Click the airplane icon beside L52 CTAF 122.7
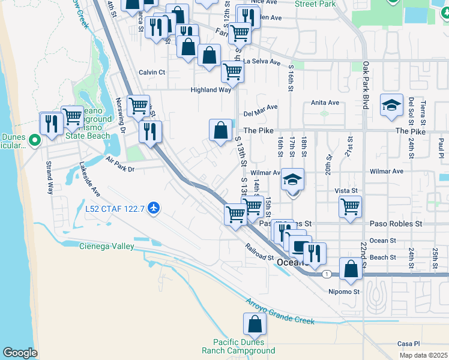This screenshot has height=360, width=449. pos(155,208)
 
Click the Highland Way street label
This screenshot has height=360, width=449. pos(211,89)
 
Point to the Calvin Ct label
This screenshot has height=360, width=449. pos(152,72)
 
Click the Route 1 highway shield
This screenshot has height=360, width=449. pos(325,274)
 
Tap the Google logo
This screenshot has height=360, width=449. pos(20,353)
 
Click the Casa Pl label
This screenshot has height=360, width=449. pos(408,344)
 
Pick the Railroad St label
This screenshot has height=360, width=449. pos(259,251)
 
